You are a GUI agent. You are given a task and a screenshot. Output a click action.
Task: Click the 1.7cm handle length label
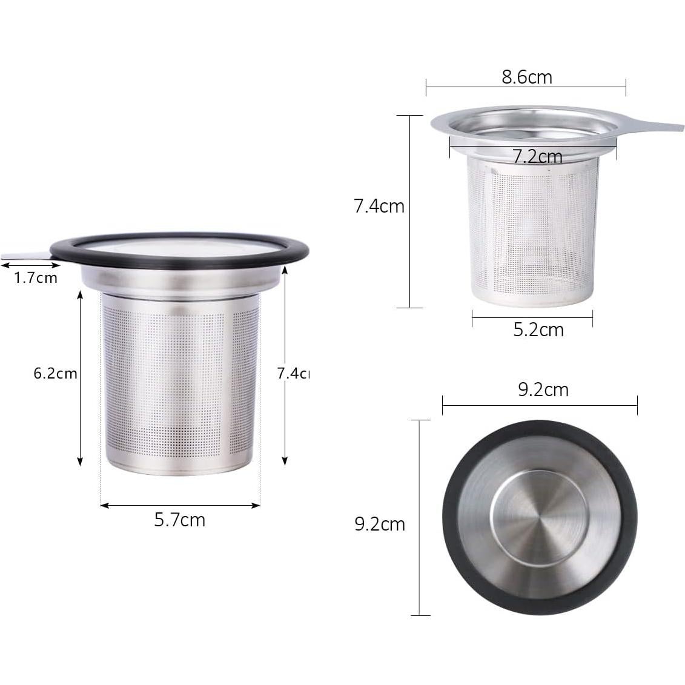coord(35,278)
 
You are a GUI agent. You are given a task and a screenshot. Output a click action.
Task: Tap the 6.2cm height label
coord(55,373)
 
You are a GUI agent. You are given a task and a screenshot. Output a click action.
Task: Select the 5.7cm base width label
coord(180,520)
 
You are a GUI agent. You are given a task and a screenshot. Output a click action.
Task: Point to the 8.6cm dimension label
coord(526,77)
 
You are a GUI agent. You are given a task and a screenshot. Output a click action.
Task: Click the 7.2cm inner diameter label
coord(537,157)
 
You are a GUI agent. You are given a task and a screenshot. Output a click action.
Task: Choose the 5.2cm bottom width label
coord(538,329)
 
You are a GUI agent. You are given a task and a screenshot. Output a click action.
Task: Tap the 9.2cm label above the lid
coord(543,389)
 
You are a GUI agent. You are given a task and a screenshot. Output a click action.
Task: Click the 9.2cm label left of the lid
coord(379,524)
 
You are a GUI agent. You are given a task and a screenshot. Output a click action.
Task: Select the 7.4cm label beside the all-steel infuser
coord(379,206)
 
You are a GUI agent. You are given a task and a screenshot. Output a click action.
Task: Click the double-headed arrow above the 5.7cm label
coord(180,505)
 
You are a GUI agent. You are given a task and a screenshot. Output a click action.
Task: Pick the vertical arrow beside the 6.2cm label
coord(80,378)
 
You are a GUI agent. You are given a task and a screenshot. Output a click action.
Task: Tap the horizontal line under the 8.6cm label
coord(526,88)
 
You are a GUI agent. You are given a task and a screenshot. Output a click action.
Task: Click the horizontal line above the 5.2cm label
coord(532,317)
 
